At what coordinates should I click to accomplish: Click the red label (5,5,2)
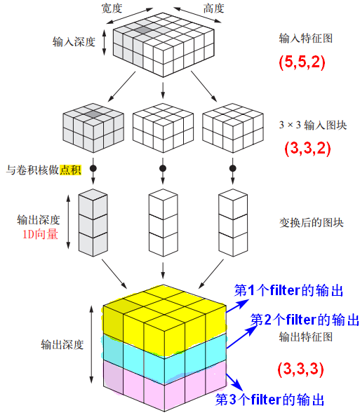302,62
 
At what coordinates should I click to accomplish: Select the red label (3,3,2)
307,148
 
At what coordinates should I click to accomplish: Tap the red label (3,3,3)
300,369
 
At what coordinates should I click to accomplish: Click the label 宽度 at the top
112,8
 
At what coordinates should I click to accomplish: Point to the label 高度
214,8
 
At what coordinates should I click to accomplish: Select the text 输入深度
74,42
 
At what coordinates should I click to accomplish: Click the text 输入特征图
306,39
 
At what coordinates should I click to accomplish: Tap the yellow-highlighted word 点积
70,170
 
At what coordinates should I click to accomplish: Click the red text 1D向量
40,235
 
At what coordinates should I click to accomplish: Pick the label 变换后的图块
312,223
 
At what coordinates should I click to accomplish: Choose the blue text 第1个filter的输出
288,291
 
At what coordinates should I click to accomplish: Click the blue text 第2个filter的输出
305,320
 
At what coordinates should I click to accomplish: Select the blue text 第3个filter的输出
269,400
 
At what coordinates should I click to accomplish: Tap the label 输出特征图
306,337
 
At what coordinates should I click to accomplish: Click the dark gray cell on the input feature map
144,30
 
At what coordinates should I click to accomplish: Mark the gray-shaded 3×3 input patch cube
93,128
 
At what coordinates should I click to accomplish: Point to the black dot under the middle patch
163,168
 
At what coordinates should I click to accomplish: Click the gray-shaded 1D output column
93,223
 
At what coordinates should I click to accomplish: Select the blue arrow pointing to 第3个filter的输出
234,382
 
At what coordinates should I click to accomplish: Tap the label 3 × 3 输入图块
313,125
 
